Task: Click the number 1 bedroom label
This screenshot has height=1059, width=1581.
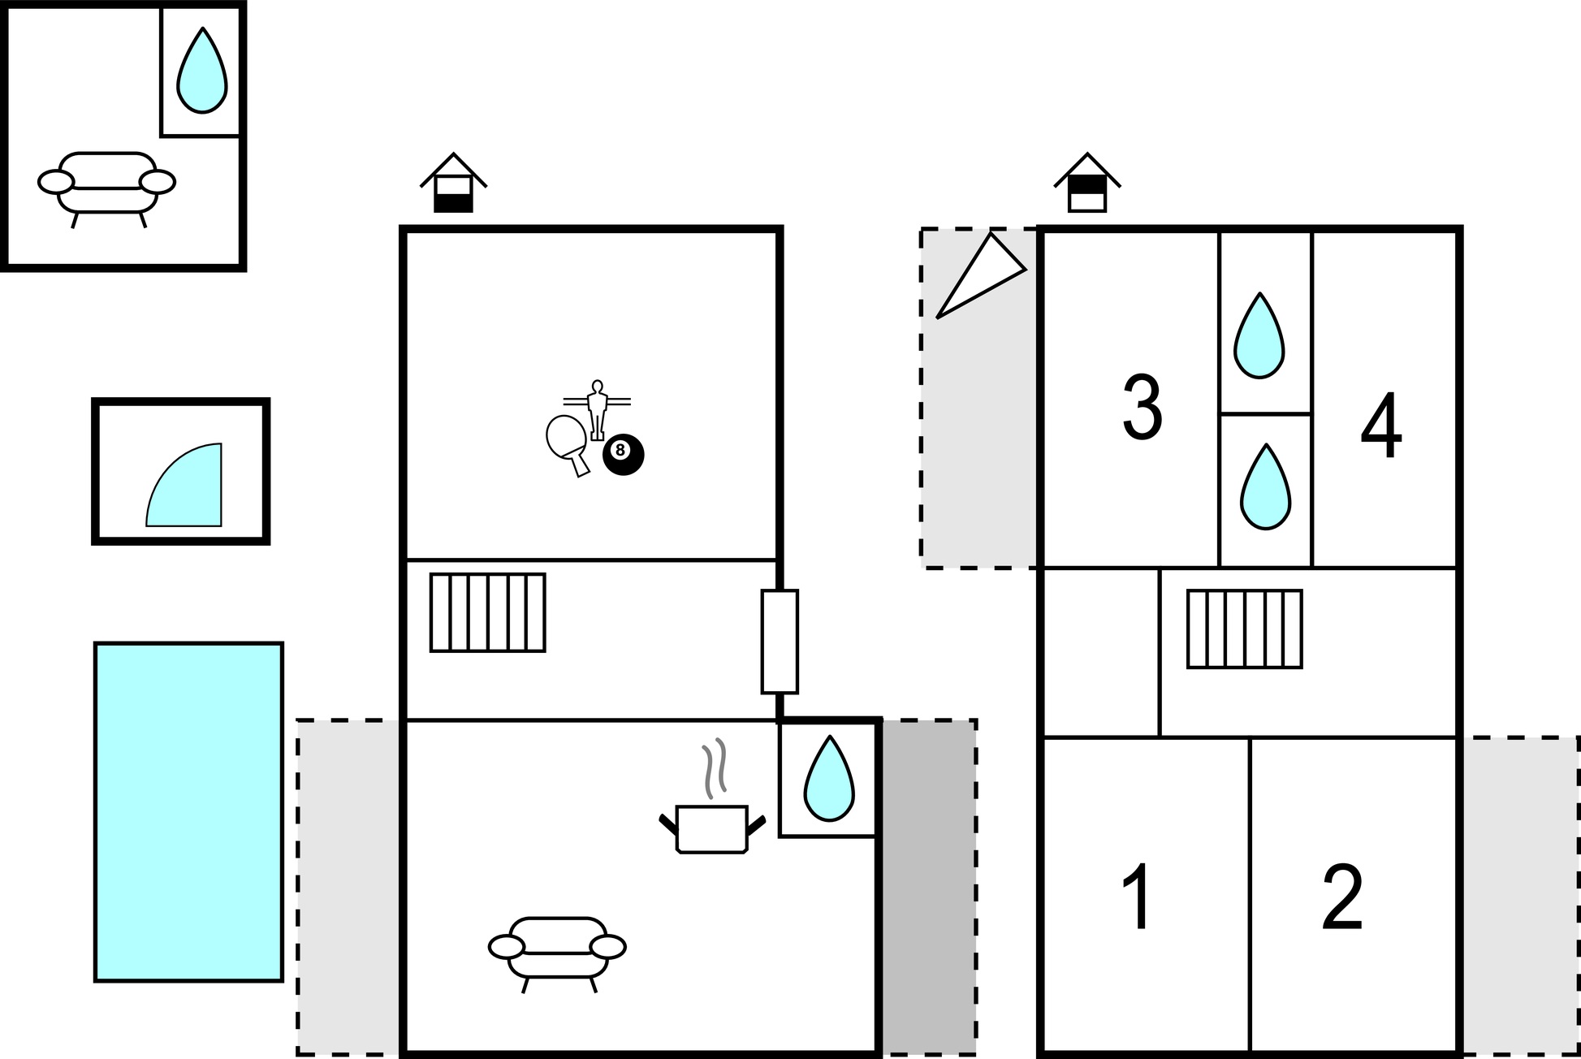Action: [x=1138, y=897]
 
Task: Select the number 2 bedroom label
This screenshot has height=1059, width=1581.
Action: [x=1342, y=897]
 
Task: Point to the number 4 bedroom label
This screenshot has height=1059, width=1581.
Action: [x=1381, y=425]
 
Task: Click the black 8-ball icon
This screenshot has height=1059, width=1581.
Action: [x=623, y=455]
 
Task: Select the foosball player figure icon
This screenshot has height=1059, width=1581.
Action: [x=597, y=410]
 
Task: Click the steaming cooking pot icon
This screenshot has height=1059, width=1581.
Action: [x=712, y=797]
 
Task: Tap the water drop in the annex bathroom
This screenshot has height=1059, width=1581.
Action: [x=201, y=71]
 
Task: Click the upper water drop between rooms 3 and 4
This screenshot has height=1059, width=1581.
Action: [x=1259, y=335]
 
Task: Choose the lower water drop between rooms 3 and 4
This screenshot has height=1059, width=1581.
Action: [x=1265, y=486]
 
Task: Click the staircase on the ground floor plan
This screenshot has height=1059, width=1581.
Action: [x=488, y=613]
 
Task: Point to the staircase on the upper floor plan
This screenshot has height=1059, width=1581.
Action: [x=1245, y=629]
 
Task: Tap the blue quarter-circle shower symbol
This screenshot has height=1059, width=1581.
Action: [x=184, y=485]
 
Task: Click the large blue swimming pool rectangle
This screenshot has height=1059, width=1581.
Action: [x=188, y=812]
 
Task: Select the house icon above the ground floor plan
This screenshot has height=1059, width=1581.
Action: [x=453, y=183]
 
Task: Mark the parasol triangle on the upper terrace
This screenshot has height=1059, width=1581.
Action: [x=981, y=275]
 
